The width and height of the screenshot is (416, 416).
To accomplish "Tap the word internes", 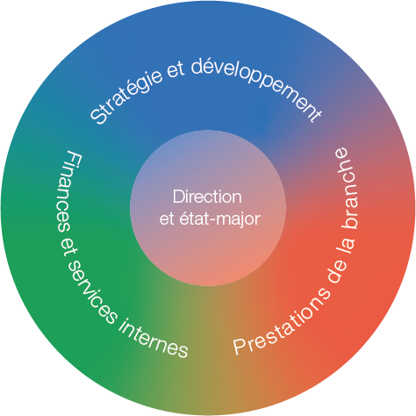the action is pyautogui.click(x=153, y=339).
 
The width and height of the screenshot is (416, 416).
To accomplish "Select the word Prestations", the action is pyautogui.click(x=282, y=322).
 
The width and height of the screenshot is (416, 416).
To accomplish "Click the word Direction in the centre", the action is pyautogui.click(x=207, y=197).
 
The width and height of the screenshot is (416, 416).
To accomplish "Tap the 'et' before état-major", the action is pyautogui.click(x=167, y=219).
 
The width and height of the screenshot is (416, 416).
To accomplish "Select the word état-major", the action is pyautogui.click(x=219, y=218).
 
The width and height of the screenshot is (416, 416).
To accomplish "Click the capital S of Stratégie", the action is pyautogui.click(x=98, y=117).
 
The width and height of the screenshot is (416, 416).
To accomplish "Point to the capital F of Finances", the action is pyautogui.click(x=74, y=158).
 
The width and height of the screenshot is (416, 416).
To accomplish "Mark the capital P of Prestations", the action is pyautogui.click(x=240, y=348).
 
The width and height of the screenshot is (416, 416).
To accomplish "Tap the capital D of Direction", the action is pyautogui.click(x=178, y=197).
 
